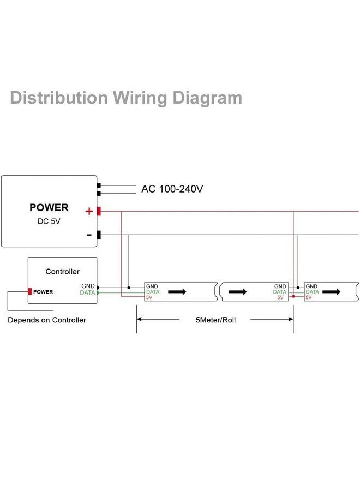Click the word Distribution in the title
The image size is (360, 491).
59,98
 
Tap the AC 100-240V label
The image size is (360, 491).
172,189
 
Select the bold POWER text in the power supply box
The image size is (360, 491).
49,208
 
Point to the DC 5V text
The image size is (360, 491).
49,222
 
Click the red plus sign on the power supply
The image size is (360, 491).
89,211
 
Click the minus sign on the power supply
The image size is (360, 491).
89,235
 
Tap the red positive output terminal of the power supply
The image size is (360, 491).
99,211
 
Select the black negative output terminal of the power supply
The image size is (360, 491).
99,235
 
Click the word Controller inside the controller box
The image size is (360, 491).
62,272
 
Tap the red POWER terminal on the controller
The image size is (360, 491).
30,291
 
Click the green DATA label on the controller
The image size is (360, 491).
87,293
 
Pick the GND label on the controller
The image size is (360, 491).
88,286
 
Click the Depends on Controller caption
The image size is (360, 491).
47,320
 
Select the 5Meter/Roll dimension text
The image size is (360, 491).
215,320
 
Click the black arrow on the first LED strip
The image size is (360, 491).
177,292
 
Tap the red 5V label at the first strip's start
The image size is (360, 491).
149,297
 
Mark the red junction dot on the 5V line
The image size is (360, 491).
293,296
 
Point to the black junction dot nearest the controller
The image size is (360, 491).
128,287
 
